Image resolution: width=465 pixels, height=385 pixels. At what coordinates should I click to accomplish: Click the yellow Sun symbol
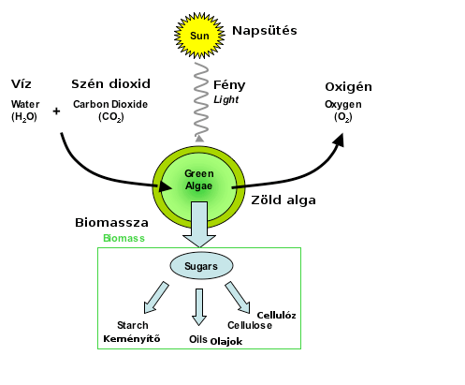click(x=199, y=36)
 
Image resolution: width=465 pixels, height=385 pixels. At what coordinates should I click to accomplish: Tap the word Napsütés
click(x=265, y=31)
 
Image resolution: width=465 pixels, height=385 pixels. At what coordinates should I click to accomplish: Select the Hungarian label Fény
click(x=229, y=85)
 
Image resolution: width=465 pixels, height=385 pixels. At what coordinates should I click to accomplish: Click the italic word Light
click(x=226, y=99)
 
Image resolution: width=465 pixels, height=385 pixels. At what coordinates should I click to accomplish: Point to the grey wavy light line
click(x=201, y=100)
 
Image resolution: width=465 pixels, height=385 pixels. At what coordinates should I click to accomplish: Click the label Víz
click(x=22, y=83)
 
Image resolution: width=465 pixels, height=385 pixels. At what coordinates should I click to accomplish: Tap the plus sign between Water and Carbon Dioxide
click(x=56, y=111)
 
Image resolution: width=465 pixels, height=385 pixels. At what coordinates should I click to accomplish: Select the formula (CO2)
click(x=111, y=117)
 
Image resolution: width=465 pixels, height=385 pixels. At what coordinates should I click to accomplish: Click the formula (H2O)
click(x=24, y=117)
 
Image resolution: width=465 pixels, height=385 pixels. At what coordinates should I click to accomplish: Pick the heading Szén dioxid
click(x=110, y=83)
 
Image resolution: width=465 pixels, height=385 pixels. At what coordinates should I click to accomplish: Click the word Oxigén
click(x=348, y=87)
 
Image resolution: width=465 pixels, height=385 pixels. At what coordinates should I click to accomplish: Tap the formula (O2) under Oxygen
click(x=343, y=117)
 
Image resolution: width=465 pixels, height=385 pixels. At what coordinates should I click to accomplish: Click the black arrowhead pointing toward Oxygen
click(x=339, y=140)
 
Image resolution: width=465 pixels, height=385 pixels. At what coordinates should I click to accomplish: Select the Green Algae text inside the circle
click(x=199, y=180)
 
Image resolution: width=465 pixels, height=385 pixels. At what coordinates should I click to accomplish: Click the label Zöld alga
click(x=283, y=200)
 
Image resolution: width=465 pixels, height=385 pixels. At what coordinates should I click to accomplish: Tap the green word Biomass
click(x=124, y=238)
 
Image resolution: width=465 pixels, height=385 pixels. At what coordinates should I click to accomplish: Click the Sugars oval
click(x=201, y=266)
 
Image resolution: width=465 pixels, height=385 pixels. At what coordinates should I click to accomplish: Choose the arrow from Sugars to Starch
click(x=155, y=298)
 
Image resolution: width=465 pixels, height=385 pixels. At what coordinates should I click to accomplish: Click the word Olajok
click(x=226, y=342)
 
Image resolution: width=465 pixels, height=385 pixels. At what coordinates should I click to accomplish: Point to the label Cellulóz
click(x=276, y=316)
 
